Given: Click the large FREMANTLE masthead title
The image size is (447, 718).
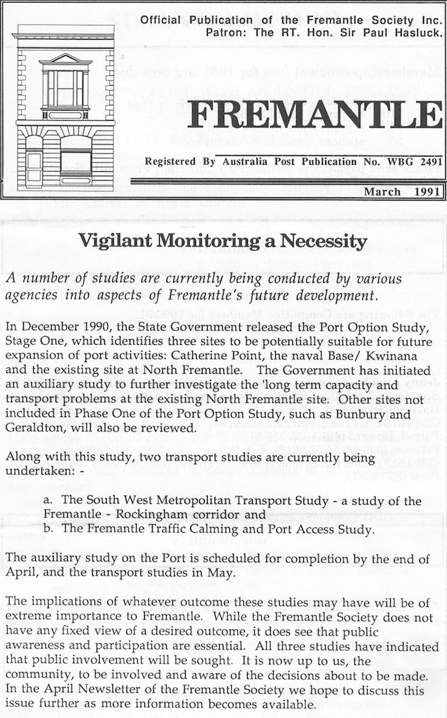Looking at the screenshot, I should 315,115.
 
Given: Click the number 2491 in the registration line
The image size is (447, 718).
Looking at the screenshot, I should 426,162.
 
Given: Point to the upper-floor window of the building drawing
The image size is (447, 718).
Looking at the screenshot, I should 65,88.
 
